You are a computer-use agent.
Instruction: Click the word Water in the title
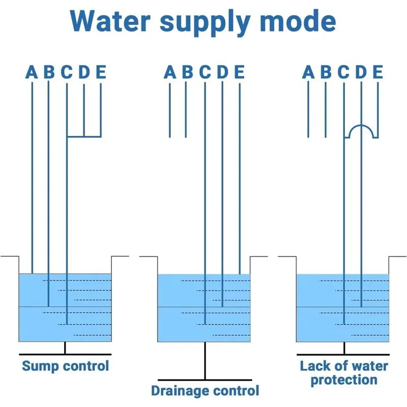click(x=110, y=21)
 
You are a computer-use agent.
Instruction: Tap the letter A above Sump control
click(x=32, y=72)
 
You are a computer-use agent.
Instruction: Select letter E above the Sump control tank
click(x=101, y=72)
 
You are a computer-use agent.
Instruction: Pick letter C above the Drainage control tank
click(x=205, y=72)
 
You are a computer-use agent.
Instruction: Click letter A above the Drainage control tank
click(x=170, y=72)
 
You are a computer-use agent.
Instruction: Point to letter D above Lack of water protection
click(x=361, y=72)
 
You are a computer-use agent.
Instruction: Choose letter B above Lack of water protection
click(x=326, y=72)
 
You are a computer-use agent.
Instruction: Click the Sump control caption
click(x=66, y=366)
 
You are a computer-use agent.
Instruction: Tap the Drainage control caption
click(x=205, y=391)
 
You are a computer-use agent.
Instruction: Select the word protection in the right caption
click(x=344, y=380)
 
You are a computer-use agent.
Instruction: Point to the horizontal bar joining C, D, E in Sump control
click(x=84, y=136)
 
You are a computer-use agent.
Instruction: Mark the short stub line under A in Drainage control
click(x=170, y=110)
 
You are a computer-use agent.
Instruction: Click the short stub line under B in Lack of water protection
click(x=326, y=109)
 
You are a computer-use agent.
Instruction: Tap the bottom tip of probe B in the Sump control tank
click(x=48, y=307)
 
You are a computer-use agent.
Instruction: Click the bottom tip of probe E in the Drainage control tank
click(x=240, y=274)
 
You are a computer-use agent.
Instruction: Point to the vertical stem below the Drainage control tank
click(x=205, y=361)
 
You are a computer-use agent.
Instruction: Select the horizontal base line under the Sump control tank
click(x=65, y=354)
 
